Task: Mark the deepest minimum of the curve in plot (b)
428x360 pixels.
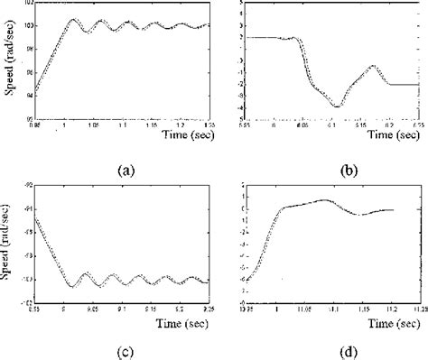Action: point(336,106)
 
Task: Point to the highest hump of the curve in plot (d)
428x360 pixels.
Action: point(325,199)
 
